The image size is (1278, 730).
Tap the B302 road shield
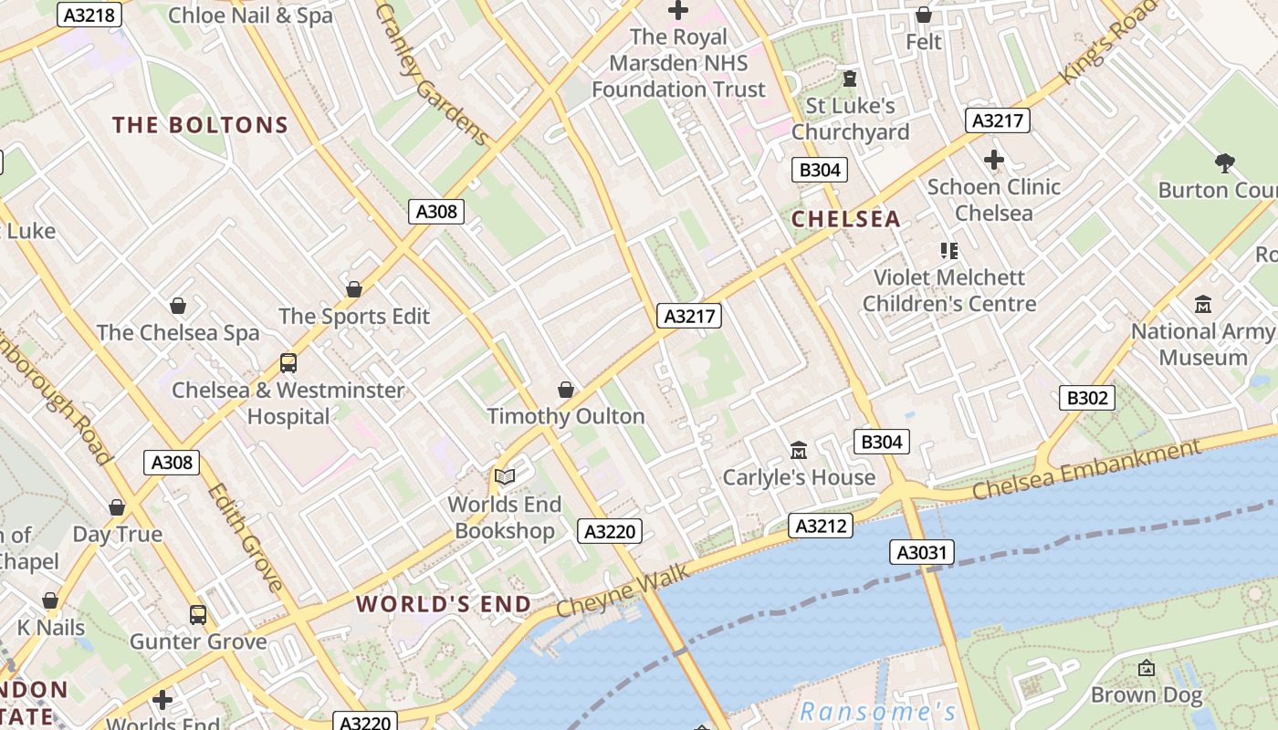(x=1087, y=397)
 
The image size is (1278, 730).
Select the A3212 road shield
(x=820, y=526)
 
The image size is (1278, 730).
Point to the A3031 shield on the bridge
(x=922, y=552)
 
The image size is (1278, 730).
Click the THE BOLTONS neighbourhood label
(x=200, y=125)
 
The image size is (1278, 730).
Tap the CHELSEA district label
(x=845, y=219)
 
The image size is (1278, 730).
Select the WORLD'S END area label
(x=443, y=604)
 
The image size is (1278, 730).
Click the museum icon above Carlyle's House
(x=799, y=450)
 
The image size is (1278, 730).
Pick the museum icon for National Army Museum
(x=1203, y=305)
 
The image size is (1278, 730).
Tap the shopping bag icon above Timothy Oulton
(x=566, y=390)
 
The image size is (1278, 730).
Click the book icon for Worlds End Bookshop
(x=505, y=476)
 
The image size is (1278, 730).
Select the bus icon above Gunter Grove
(x=198, y=614)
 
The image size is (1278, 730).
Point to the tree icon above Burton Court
(x=1224, y=163)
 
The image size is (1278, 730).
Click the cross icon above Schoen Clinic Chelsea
(x=993, y=161)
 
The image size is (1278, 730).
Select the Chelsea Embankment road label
(x=1086, y=470)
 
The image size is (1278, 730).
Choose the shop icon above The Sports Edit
(x=354, y=289)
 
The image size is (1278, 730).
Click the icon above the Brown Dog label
(x=1147, y=668)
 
